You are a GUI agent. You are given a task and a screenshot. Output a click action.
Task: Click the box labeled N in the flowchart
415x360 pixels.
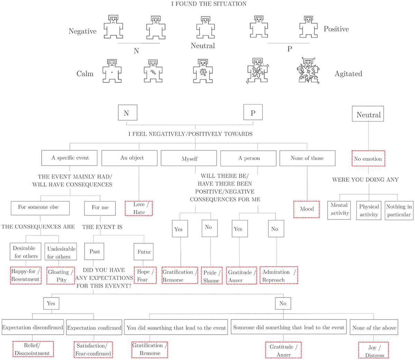point(126,113)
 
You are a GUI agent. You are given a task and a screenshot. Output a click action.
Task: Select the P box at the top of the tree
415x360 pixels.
point(253,113)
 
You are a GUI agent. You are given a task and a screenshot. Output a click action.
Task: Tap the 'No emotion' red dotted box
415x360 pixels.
point(368,159)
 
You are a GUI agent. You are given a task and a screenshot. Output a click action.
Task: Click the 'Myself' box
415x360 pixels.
point(190,159)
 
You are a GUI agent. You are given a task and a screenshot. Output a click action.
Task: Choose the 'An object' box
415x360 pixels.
point(132,158)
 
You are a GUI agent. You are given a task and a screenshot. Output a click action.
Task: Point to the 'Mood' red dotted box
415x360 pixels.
point(307,209)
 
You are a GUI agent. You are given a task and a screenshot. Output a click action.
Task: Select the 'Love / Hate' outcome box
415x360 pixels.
point(139,208)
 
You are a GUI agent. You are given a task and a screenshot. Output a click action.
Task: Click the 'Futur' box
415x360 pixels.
point(144,252)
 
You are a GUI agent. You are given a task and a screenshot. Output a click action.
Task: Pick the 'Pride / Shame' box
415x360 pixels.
point(212,276)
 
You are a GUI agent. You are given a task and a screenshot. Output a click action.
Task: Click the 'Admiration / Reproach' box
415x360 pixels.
point(279,276)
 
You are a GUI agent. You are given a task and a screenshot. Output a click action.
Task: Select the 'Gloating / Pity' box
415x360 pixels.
point(61,276)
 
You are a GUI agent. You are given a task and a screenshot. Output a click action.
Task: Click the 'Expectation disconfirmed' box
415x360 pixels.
point(33,328)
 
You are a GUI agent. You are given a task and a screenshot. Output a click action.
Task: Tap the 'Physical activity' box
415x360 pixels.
point(369,210)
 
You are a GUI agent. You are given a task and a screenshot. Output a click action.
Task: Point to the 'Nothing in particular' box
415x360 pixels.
point(399,210)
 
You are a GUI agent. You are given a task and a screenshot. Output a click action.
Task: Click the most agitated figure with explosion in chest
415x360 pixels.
point(307,71)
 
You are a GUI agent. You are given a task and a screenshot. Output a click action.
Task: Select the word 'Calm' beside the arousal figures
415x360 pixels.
point(85,74)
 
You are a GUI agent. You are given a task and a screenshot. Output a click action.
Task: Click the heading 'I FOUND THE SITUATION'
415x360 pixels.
point(209,4)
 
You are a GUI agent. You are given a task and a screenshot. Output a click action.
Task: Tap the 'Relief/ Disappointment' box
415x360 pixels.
point(33,349)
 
